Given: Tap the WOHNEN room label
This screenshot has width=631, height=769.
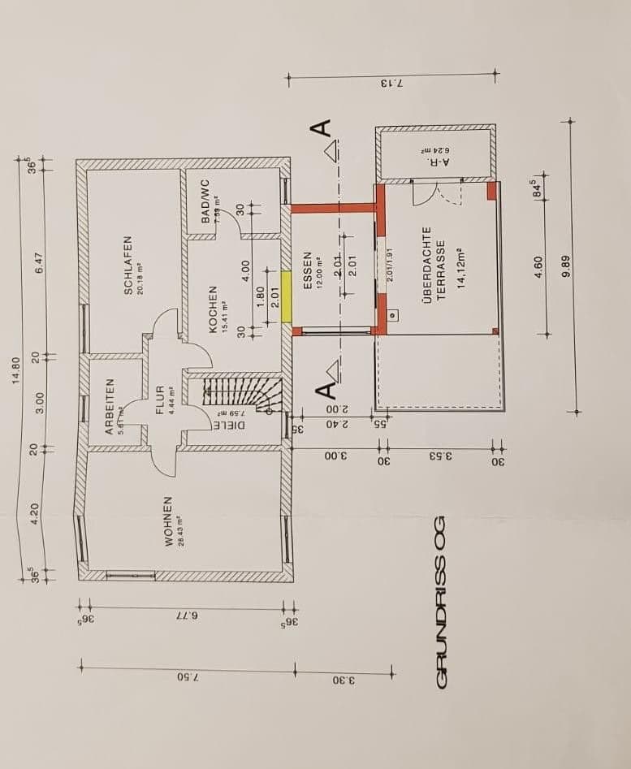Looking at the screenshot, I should [x=169, y=521].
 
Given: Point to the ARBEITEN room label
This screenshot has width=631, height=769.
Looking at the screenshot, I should [x=110, y=406].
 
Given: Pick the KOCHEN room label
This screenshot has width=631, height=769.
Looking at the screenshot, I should [x=214, y=309].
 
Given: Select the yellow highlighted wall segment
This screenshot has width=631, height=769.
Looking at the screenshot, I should [x=286, y=296].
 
